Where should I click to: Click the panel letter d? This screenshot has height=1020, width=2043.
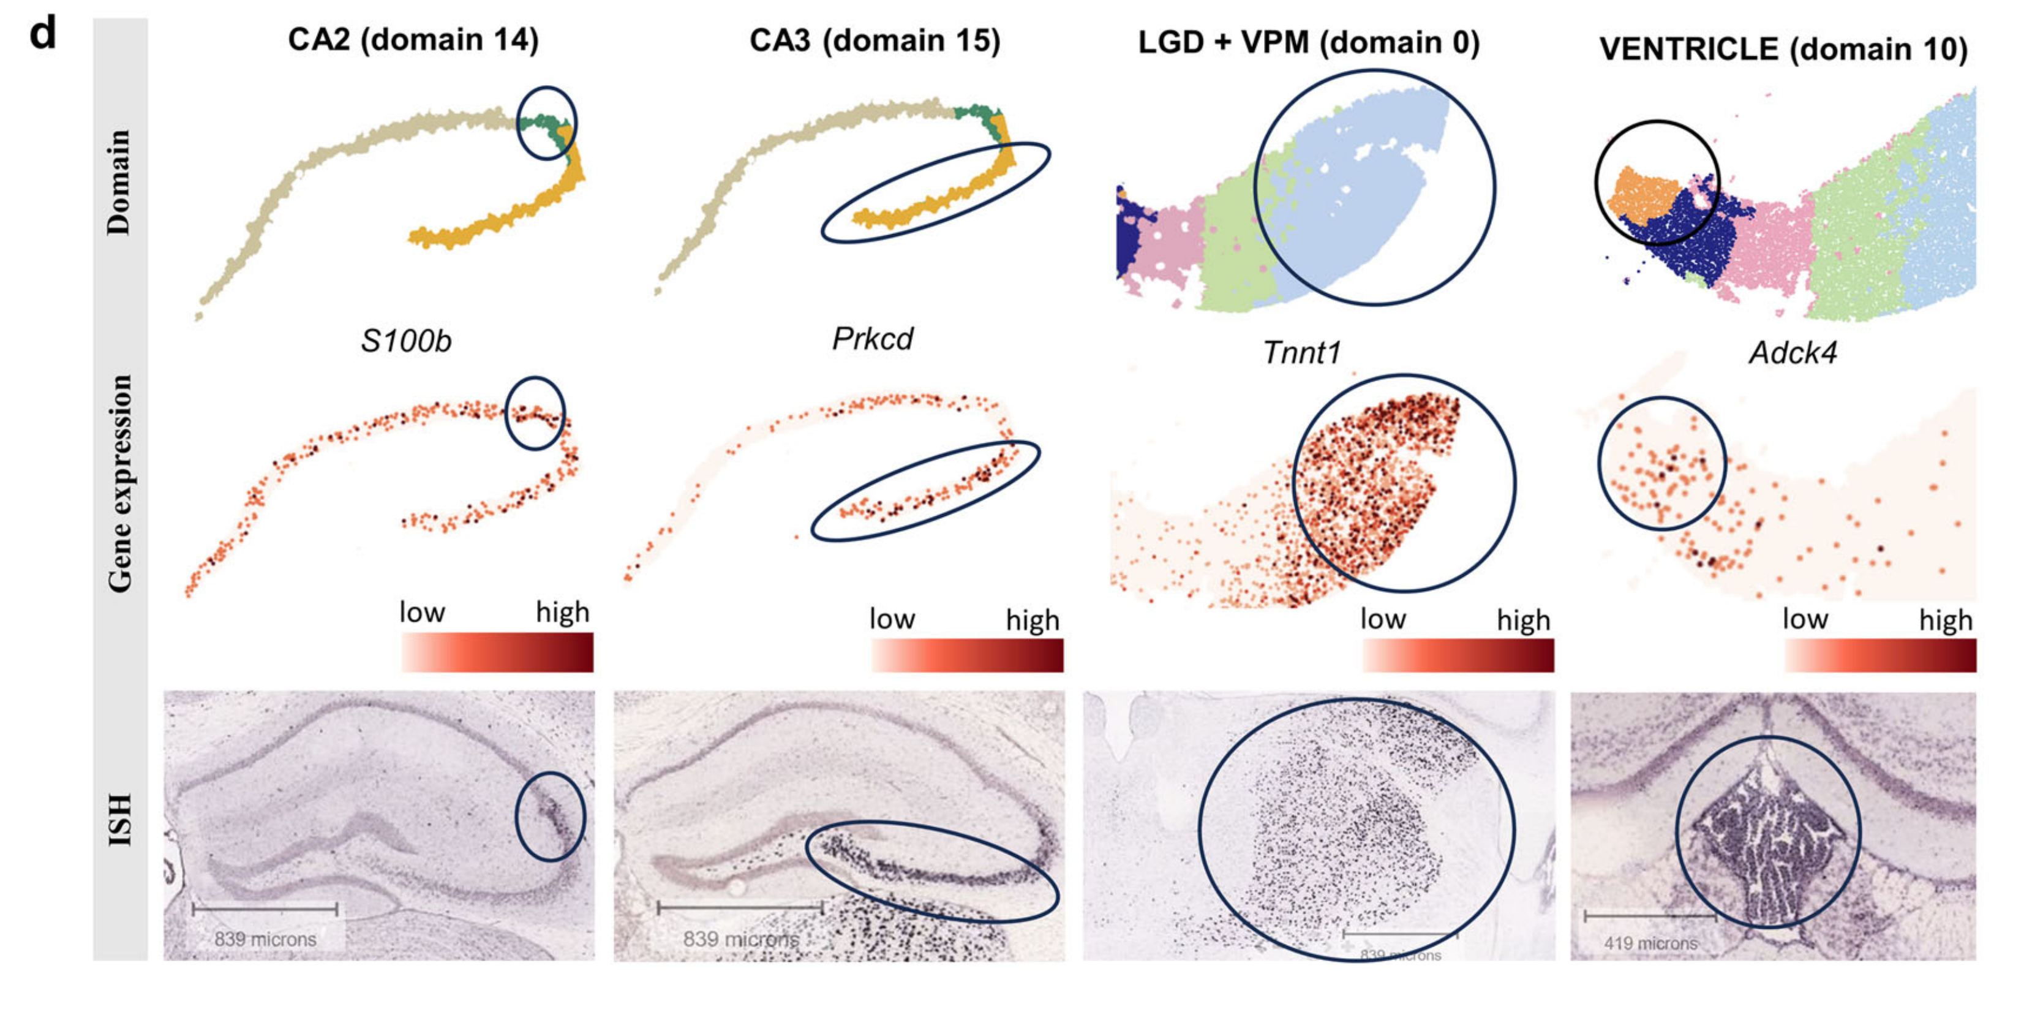point(43,36)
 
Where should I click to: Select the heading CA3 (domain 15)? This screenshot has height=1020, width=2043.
point(875,40)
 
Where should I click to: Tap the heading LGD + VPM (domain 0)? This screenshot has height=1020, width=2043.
point(1309,43)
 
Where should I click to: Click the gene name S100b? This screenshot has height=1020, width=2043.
point(405,341)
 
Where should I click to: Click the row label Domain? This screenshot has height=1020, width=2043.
point(119,183)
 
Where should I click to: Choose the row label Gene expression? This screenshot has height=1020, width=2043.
point(119,484)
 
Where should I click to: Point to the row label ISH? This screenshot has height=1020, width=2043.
point(119,819)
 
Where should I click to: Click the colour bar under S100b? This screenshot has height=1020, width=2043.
point(497,652)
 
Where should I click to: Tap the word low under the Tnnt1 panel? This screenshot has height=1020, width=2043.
point(1382,619)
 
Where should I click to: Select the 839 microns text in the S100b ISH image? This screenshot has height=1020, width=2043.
point(265,940)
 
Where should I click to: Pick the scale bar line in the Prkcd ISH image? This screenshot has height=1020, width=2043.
point(740,907)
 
